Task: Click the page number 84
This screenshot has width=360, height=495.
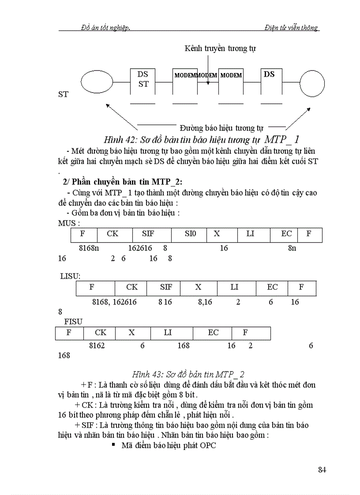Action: [x=322, y=469]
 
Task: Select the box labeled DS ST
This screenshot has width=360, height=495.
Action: [x=143, y=81]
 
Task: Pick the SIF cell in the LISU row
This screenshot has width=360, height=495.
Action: [x=166, y=287]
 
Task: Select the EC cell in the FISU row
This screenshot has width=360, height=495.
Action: [x=213, y=333]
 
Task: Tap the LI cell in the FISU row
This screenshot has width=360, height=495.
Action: [x=168, y=333]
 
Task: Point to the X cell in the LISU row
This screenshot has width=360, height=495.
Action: [x=198, y=287]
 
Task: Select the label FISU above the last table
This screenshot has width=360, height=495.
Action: [x=73, y=322]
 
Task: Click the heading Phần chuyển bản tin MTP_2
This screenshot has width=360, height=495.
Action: [x=127, y=182]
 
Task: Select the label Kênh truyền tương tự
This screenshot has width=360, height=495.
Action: [x=220, y=48]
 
